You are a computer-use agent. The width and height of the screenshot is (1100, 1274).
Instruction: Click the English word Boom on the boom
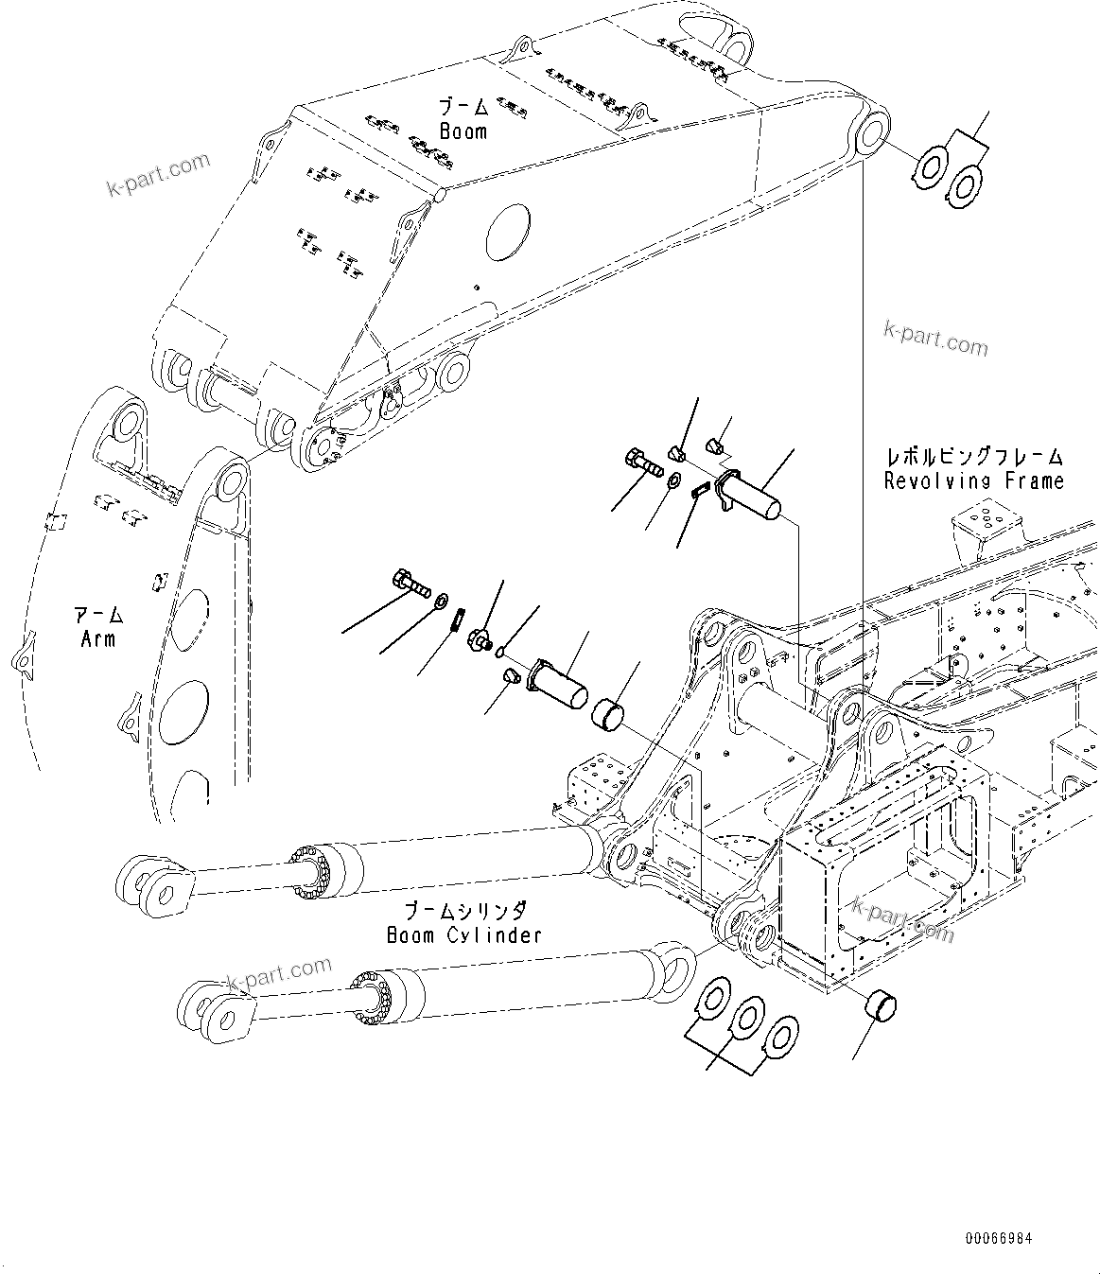point(463,131)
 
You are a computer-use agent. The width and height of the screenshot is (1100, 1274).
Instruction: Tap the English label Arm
point(98,638)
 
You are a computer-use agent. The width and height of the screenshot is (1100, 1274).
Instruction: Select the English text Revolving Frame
point(973,480)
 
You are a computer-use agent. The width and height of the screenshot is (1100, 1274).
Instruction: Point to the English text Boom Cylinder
point(464,934)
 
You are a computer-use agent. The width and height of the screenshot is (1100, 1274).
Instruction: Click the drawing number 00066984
point(999,1238)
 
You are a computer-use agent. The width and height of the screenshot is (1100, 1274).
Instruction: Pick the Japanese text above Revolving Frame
point(973,457)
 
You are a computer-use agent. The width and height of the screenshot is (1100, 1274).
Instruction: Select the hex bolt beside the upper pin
point(642,464)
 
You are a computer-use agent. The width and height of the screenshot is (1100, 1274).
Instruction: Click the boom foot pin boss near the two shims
point(870,131)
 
